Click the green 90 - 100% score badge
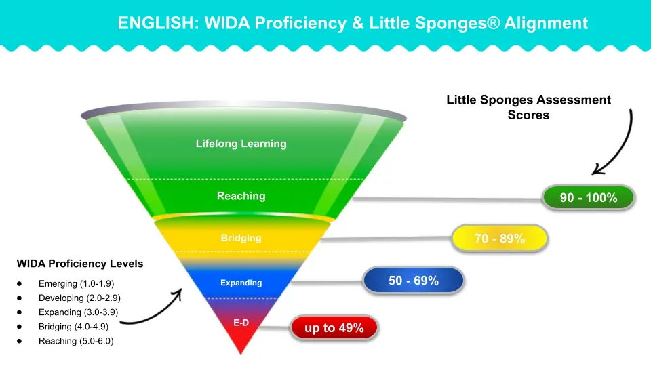(x=588, y=198)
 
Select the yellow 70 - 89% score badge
(x=499, y=239)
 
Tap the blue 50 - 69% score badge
(x=414, y=281)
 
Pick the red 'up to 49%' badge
(x=334, y=329)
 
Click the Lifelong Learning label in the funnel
(x=241, y=144)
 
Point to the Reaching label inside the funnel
(x=241, y=196)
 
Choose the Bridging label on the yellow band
(x=241, y=238)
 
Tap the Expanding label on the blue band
(x=241, y=283)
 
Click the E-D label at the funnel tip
(x=241, y=323)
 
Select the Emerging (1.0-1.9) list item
(x=81, y=283)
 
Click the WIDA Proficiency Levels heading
(x=79, y=264)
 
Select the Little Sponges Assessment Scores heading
(x=528, y=107)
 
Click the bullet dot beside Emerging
(x=20, y=283)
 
